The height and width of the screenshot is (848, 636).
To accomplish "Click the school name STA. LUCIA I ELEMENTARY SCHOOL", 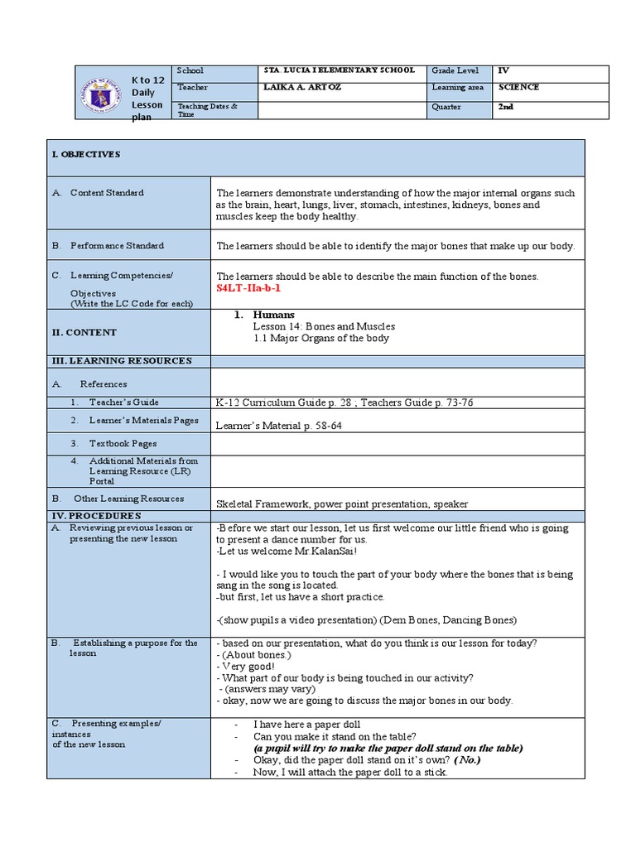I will [339, 70].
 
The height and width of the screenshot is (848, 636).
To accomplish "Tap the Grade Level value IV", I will [503, 70].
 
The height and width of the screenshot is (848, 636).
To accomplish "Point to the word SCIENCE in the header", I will [518, 87].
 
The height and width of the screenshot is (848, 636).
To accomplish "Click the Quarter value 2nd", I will [505, 107].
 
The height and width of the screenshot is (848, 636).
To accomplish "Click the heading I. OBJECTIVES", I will [86, 154].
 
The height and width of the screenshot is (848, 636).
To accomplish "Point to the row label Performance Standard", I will [117, 246].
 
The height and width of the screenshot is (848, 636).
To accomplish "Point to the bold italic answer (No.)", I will [466, 759].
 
